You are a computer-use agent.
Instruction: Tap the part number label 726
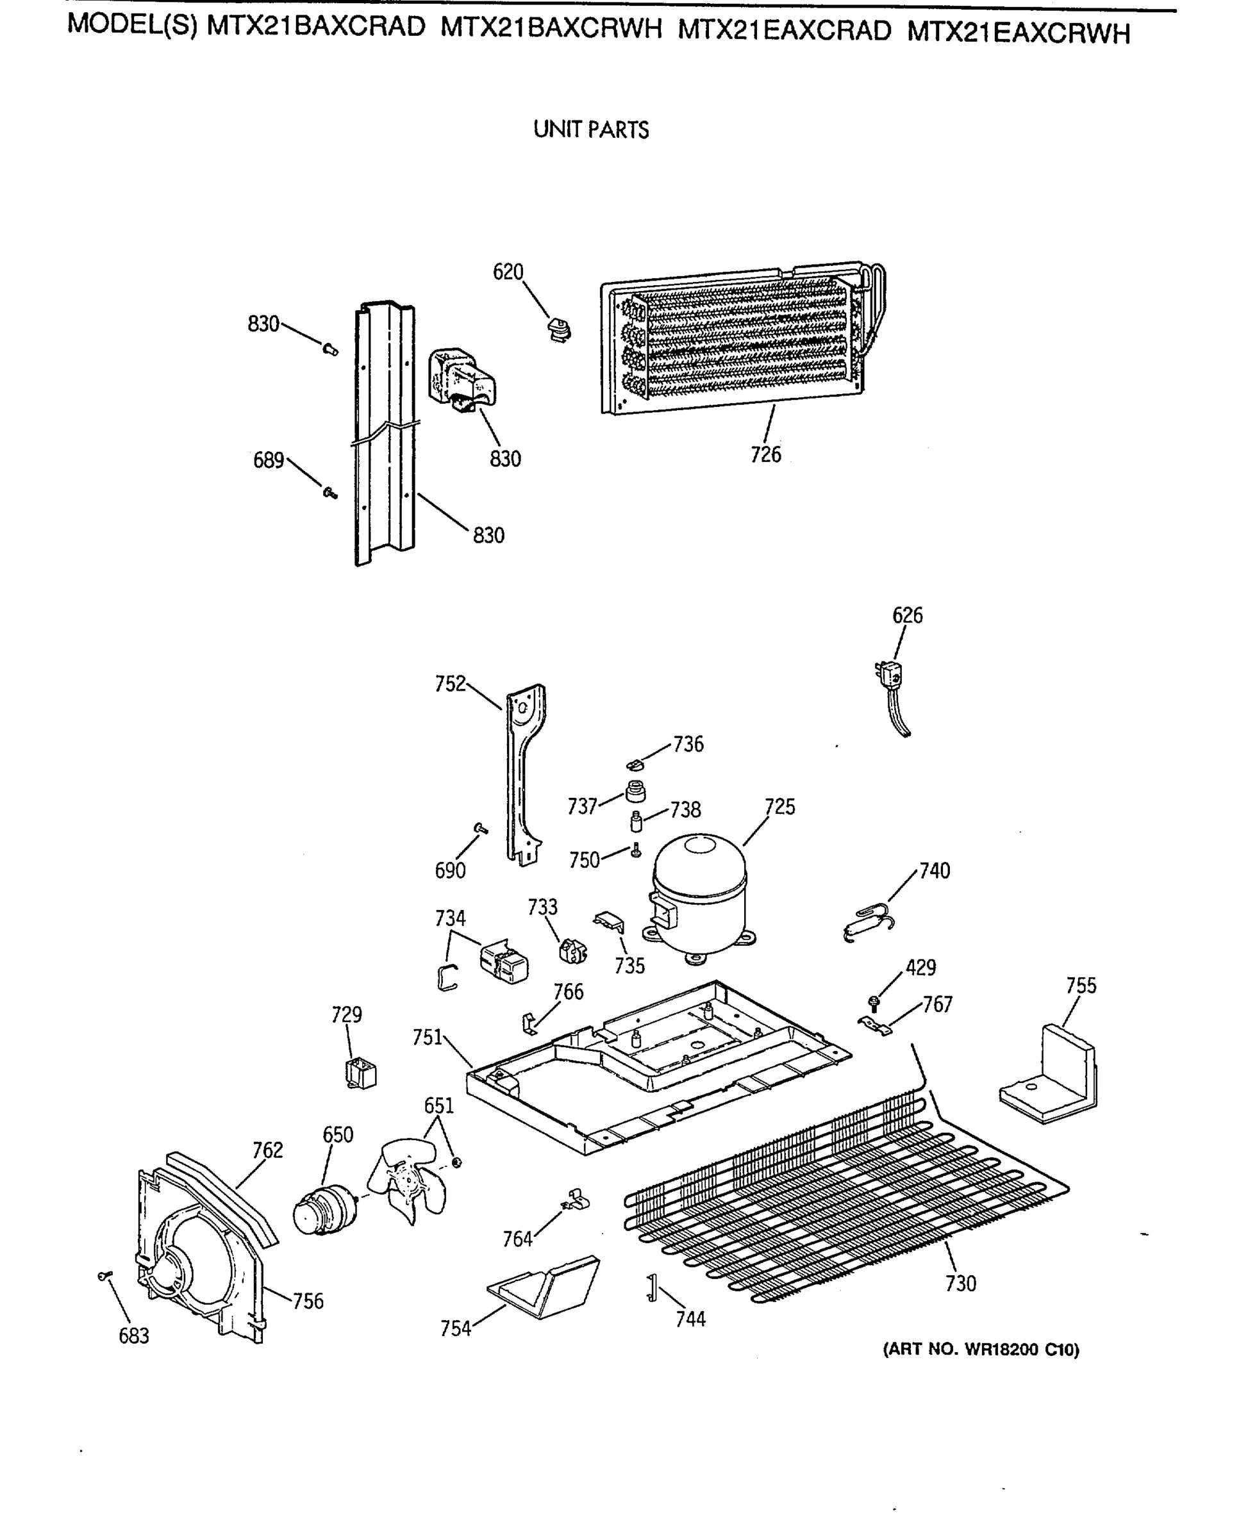[x=765, y=454]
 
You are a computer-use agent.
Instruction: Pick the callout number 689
[x=268, y=461]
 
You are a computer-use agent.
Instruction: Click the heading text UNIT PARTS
[x=591, y=130]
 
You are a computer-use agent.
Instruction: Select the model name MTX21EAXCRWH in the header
[x=1018, y=34]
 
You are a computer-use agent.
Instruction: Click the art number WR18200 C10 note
[x=981, y=1350]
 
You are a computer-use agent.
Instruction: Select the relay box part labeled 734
[x=504, y=961]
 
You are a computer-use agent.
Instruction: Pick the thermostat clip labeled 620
[x=558, y=330]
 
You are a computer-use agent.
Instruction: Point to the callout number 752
[x=450, y=684]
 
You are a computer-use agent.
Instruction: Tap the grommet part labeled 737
[x=635, y=791]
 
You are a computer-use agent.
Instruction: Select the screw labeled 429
[x=874, y=1002]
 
